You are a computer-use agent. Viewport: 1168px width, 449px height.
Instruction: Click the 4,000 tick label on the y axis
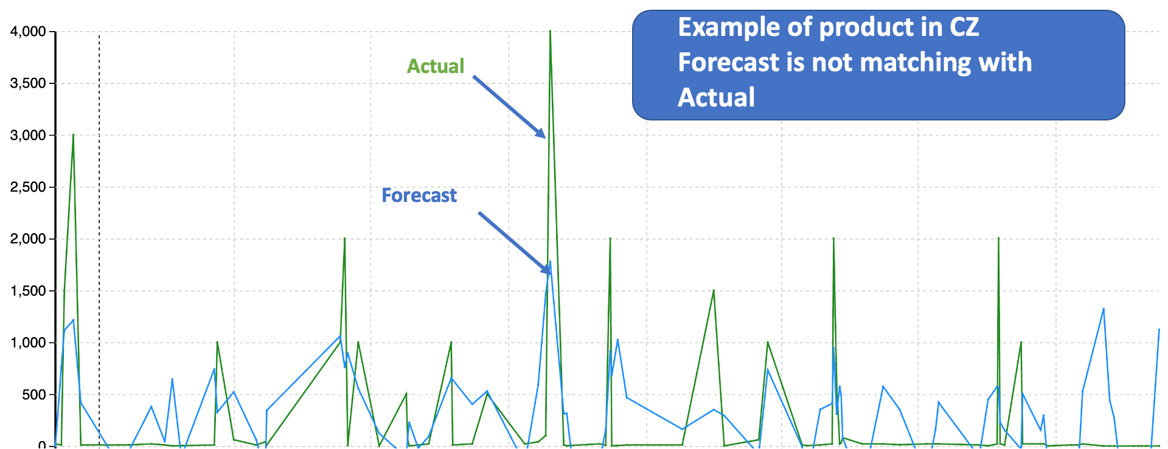(28, 32)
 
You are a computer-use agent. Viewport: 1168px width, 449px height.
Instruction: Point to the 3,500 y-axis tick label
(28, 83)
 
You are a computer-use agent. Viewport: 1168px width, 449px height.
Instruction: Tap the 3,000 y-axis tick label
(28, 135)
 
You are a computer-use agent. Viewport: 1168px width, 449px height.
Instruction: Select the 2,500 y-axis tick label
(28, 187)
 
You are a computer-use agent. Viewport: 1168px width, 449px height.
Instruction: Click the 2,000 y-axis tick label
(28, 239)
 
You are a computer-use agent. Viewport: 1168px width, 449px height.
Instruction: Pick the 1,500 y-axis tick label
(28, 291)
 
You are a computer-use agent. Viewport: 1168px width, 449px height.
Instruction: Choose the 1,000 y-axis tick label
(28, 343)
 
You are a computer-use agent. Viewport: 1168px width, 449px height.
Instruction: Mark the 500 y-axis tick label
(34, 395)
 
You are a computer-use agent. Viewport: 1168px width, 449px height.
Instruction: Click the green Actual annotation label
(436, 66)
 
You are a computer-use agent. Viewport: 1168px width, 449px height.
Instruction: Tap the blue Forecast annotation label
(419, 195)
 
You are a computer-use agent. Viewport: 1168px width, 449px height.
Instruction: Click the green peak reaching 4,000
(550, 31)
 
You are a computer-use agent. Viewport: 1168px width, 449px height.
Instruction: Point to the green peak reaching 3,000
(73, 135)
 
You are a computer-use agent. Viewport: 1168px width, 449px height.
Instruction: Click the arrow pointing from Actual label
(509, 107)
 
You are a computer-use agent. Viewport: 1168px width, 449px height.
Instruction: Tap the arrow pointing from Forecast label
(515, 243)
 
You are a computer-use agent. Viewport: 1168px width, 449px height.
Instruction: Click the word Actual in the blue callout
(716, 97)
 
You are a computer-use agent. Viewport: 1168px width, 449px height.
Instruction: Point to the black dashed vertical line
(99, 240)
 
